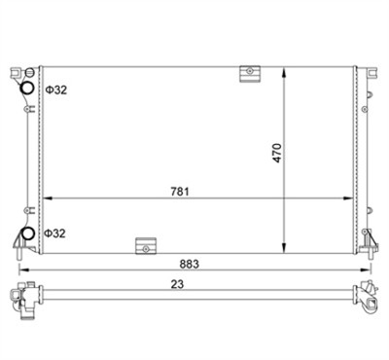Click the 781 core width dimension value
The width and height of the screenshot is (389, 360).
[x=180, y=192]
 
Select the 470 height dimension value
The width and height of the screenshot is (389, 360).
[x=277, y=153]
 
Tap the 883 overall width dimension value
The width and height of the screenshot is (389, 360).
[x=190, y=264]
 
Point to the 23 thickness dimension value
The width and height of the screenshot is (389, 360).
[x=177, y=284]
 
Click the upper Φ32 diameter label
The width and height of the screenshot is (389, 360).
[x=55, y=90]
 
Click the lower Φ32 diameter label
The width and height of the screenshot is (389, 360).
[x=54, y=234]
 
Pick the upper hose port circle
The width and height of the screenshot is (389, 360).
[x=27, y=88]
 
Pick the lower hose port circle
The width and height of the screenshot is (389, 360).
[x=27, y=234]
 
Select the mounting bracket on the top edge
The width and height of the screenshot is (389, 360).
[x=250, y=74]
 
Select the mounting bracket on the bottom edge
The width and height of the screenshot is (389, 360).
[x=146, y=246]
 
